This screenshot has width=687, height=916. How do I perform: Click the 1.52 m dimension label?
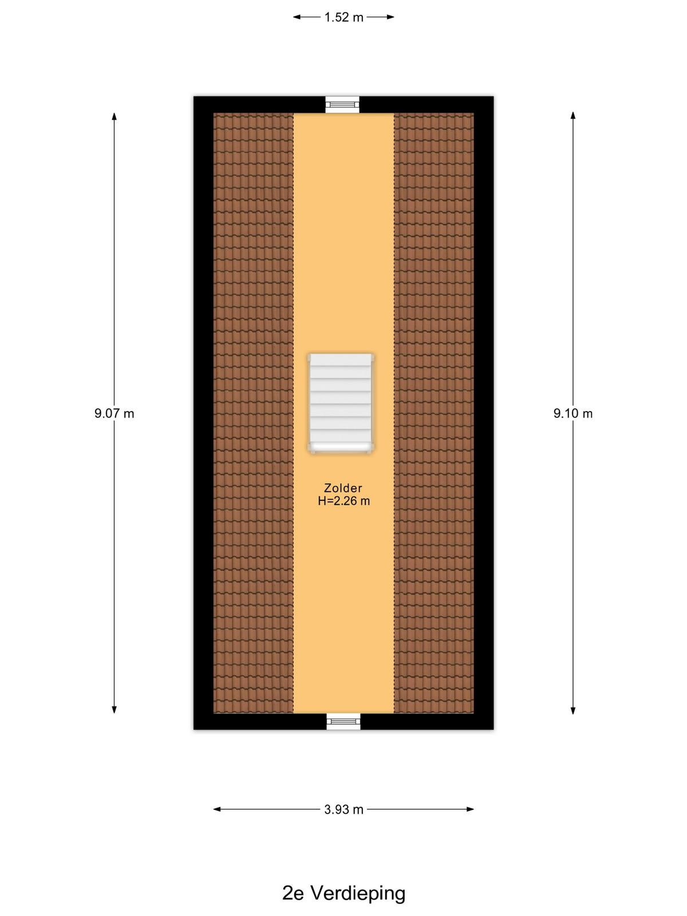point(343,18)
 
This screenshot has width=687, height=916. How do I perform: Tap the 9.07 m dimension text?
point(114,413)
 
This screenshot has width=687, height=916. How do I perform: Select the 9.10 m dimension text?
point(572,413)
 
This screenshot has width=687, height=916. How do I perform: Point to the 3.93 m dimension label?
point(343,810)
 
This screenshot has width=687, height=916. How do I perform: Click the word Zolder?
point(343,488)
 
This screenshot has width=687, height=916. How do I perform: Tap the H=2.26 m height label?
point(343,501)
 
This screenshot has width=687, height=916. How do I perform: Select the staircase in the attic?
point(341,403)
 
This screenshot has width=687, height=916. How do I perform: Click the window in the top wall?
point(342,104)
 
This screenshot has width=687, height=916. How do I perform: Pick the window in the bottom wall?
point(343,721)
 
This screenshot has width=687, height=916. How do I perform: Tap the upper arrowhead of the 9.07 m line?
point(114,116)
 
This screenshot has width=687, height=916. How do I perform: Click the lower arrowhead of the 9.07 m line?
point(114,709)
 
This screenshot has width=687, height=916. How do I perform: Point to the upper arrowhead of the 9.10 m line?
point(573,116)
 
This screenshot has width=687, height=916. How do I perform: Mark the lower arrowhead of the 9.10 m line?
point(573,710)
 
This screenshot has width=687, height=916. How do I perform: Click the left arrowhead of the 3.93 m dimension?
point(218,809)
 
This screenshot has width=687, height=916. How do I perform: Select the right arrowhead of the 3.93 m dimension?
point(470,809)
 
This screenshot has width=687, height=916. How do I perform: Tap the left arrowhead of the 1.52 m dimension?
point(297,17)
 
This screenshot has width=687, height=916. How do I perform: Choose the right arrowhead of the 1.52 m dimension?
point(390,17)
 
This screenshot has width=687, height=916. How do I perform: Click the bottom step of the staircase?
point(341,447)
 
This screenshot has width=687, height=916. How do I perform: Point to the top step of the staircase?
point(341,360)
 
